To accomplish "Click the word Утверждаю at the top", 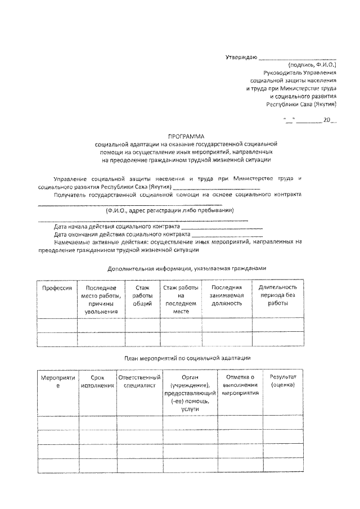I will pyautogui.click(x=241, y=57).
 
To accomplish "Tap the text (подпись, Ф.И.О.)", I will pyautogui.click(x=312, y=65).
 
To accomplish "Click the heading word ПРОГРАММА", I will pyautogui.click(x=186, y=136).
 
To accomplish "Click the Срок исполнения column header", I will pyautogui.click(x=97, y=381).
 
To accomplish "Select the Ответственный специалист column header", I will pyautogui.click(x=139, y=381).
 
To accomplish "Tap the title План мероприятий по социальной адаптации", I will pyautogui.click(x=187, y=358).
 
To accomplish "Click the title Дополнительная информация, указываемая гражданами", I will pyautogui.click(x=185, y=268).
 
